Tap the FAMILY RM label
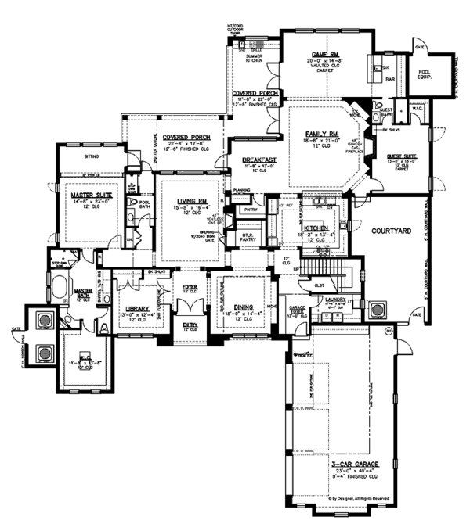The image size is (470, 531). (320, 135)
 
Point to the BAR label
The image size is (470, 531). (386, 79)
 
